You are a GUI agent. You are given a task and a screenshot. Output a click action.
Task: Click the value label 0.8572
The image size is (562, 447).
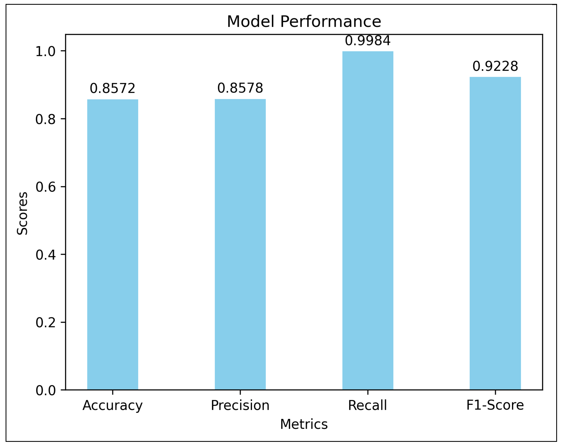point(113,88)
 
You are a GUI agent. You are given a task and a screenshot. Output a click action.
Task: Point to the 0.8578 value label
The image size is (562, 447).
point(240,88)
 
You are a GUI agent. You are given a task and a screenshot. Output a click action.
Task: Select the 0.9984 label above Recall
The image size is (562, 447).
point(368,41)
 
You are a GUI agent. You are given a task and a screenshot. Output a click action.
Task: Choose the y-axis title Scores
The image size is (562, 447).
point(22,213)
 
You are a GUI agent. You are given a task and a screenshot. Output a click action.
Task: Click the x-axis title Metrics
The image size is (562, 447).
point(304,424)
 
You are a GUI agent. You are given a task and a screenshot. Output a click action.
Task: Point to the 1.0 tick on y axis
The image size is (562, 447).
point(46,52)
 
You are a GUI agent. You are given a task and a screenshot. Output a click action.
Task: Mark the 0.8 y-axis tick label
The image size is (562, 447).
point(46,119)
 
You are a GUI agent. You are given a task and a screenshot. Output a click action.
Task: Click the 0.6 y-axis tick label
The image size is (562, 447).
point(46,187)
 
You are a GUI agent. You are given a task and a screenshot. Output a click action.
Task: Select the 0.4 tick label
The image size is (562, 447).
point(46,255)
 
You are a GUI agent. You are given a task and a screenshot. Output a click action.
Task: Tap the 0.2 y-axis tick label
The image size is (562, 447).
point(46,322)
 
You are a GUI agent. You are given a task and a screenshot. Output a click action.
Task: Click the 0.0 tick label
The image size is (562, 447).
point(46,390)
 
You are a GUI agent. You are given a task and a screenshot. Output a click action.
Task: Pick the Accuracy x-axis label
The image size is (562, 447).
point(113,405)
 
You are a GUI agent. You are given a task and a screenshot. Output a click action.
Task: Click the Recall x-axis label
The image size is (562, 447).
point(368,405)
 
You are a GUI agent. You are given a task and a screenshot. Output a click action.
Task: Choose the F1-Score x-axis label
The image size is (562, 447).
point(495,405)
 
